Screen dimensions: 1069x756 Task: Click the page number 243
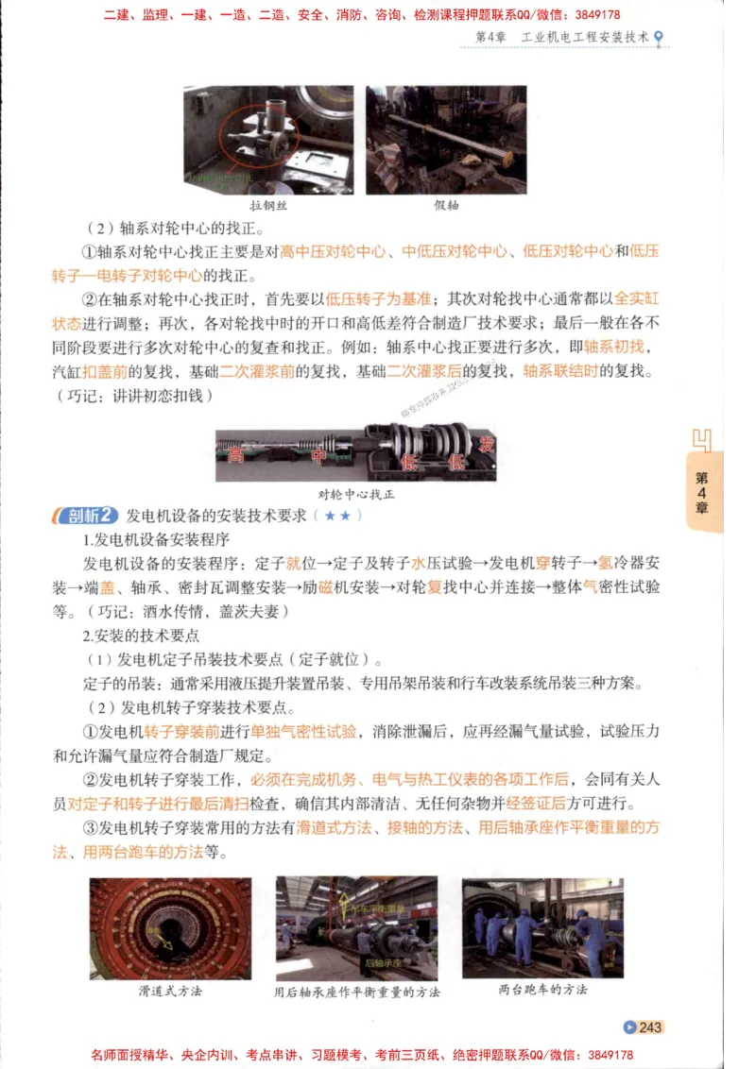pyautogui.click(x=650, y=1027)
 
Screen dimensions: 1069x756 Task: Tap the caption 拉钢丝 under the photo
pyautogui.click(x=268, y=205)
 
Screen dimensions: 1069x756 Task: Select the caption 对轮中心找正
pyautogui.click(x=354, y=494)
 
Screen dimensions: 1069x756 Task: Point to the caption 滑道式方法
pyautogui.click(x=170, y=992)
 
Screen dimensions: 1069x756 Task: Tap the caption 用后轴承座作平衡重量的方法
pyautogui.click(x=357, y=993)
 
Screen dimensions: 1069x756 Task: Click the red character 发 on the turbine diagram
pyautogui.click(x=486, y=444)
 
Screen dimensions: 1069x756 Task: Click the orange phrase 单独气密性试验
pyautogui.click(x=303, y=732)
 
